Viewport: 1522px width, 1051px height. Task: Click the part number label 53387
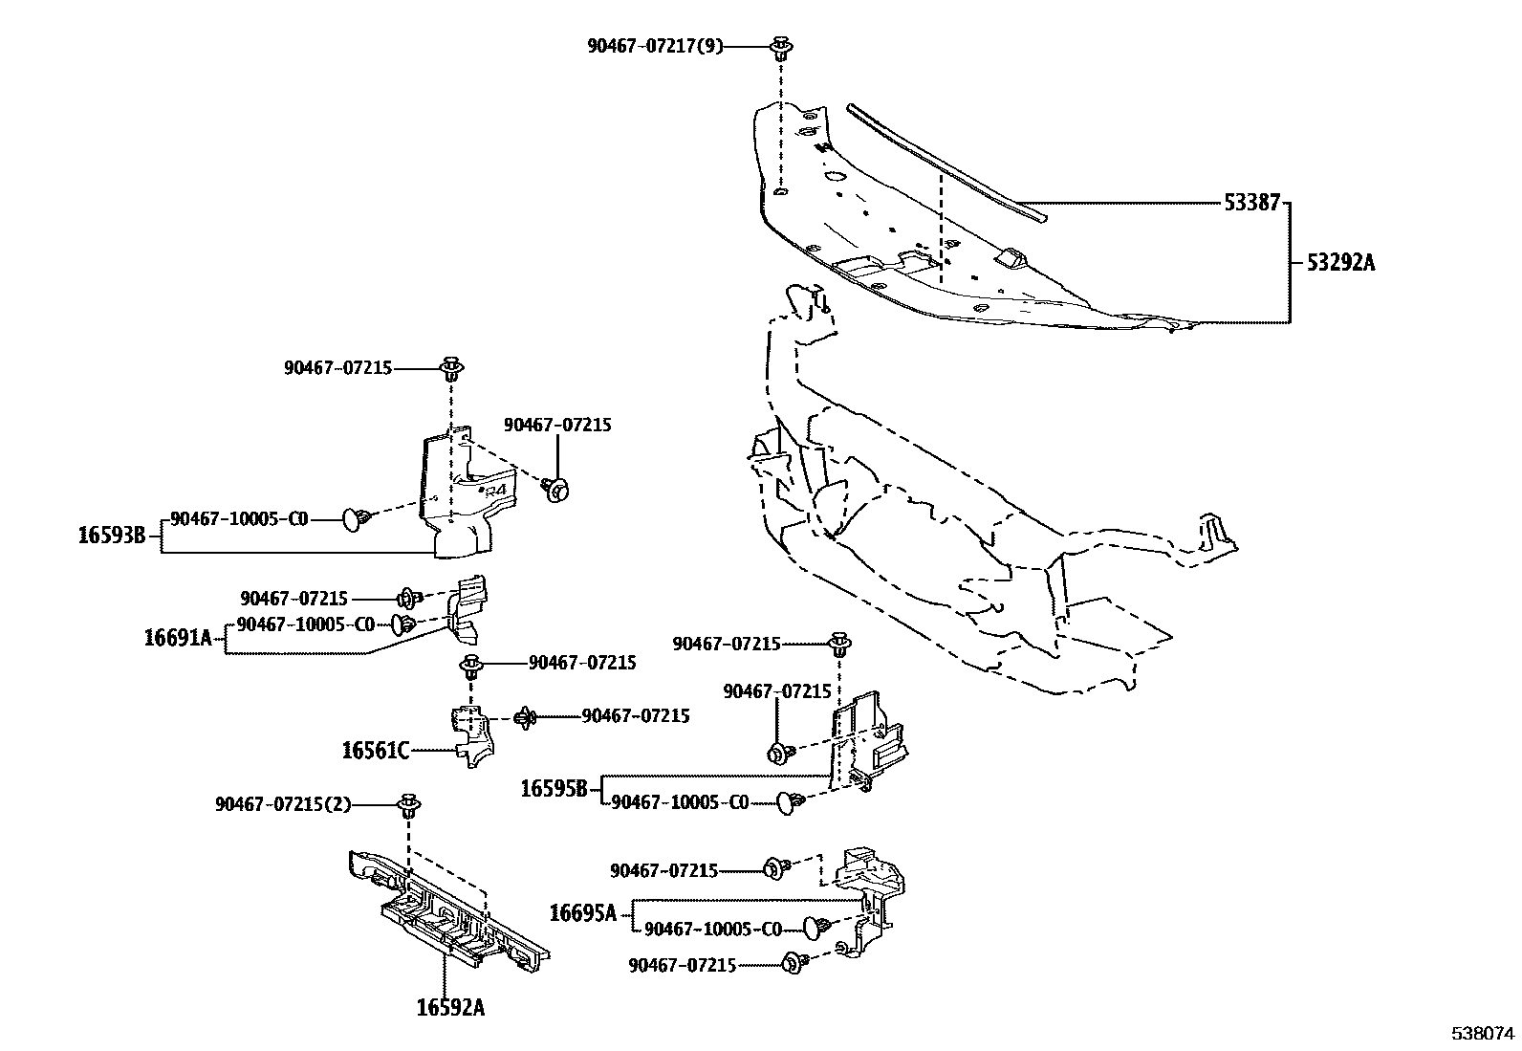point(1250,204)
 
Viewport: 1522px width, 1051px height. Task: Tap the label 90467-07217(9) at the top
point(655,45)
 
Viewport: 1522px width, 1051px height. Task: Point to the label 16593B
point(111,536)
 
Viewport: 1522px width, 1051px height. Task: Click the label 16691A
point(178,637)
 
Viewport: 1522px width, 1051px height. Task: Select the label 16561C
point(375,751)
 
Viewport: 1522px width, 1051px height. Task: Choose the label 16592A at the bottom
point(449,1007)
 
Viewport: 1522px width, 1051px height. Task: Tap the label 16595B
point(554,790)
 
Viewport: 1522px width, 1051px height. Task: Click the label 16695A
point(582,913)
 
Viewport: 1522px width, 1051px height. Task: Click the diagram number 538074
point(1483,1033)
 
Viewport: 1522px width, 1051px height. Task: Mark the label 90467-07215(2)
point(283,805)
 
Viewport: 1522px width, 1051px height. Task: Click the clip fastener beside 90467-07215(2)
point(409,805)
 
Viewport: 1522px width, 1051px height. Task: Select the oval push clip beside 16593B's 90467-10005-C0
point(356,519)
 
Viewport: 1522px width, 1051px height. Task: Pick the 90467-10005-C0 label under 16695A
point(712,930)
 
